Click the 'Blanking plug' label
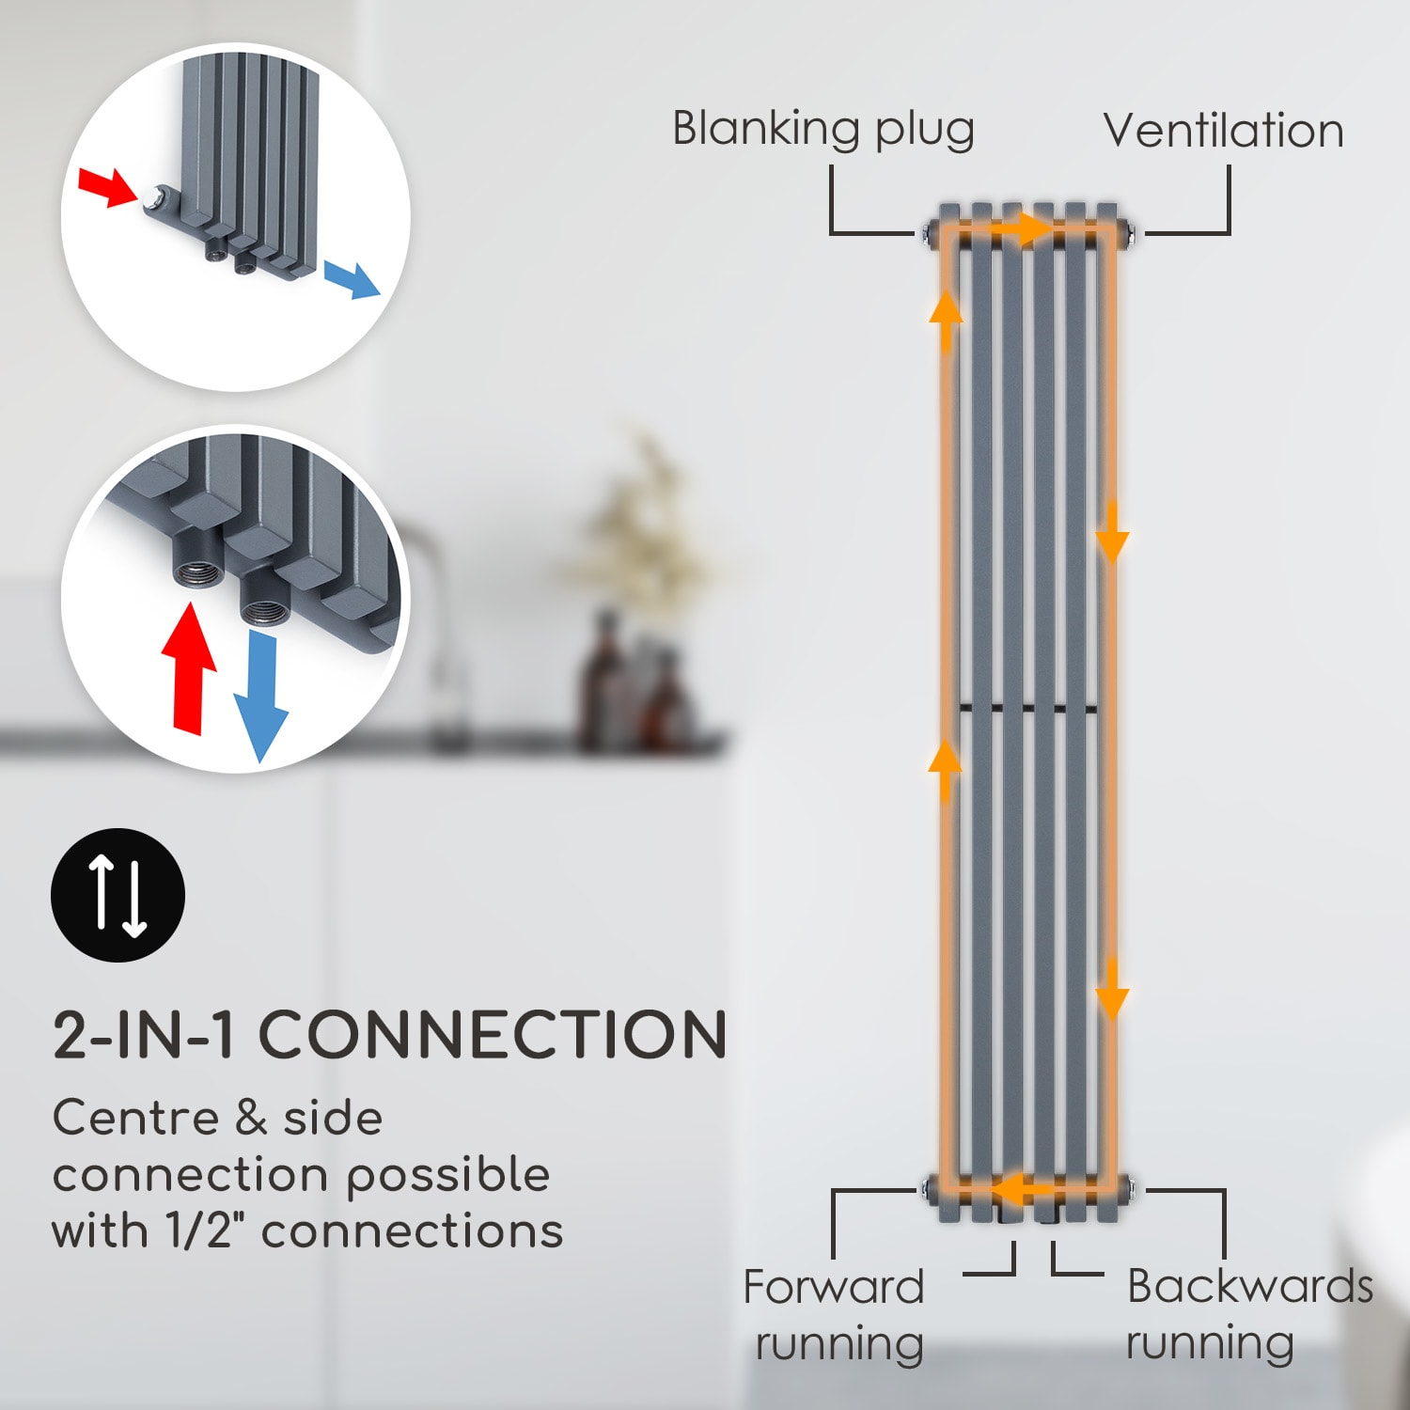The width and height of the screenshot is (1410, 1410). click(x=822, y=130)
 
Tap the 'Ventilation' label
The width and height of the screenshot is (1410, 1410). click(x=1223, y=131)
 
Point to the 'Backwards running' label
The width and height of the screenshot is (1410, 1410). click(x=1248, y=1313)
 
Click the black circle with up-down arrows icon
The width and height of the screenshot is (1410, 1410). click(x=117, y=895)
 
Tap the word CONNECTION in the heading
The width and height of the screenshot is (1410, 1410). click(x=493, y=1035)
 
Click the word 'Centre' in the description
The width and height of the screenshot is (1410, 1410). click(x=135, y=1119)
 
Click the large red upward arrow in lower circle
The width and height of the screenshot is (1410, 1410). click(x=190, y=667)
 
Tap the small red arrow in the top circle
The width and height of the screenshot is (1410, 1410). click(x=106, y=185)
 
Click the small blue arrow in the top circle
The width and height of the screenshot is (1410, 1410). click(x=352, y=279)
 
